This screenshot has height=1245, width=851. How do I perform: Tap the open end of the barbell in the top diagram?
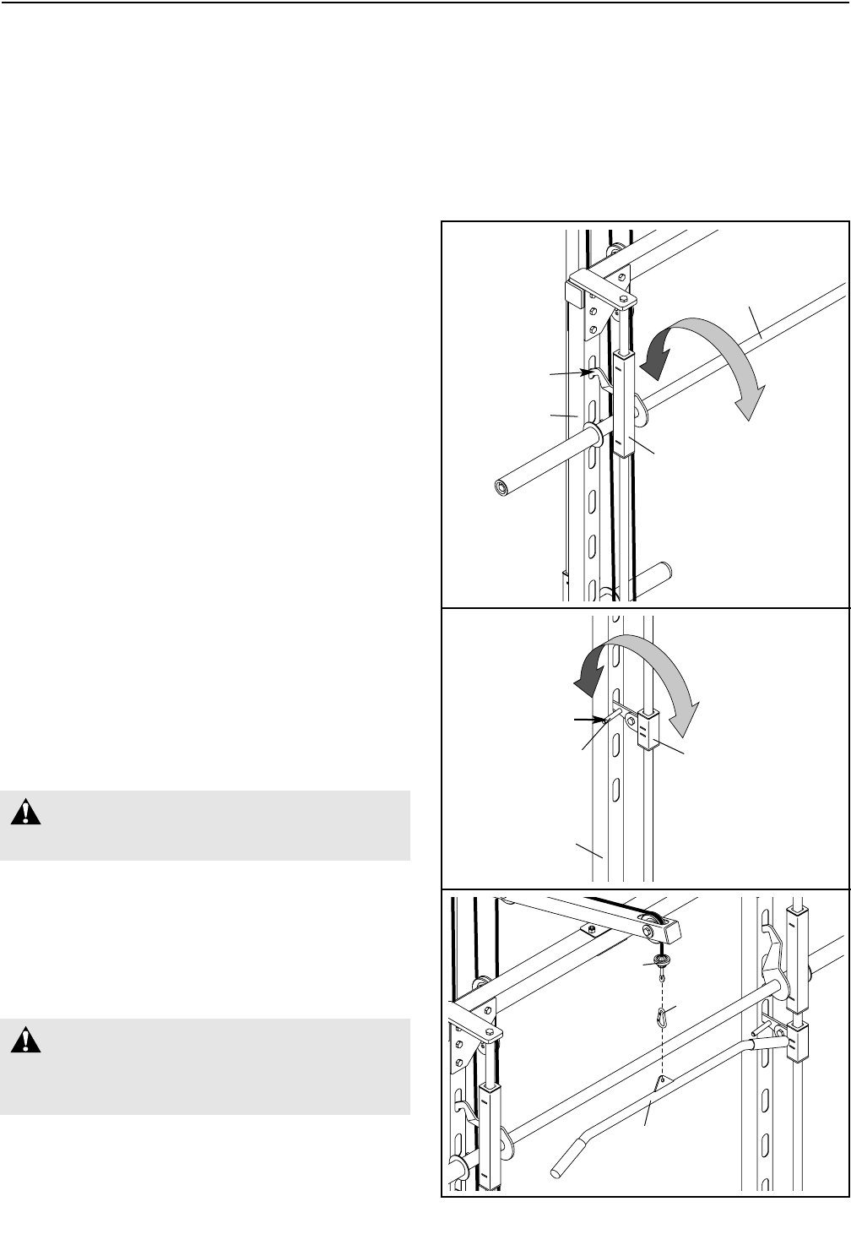pos(502,487)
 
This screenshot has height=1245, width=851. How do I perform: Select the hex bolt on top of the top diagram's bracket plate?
pos(622,299)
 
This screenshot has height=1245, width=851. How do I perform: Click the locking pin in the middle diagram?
pos(615,717)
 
